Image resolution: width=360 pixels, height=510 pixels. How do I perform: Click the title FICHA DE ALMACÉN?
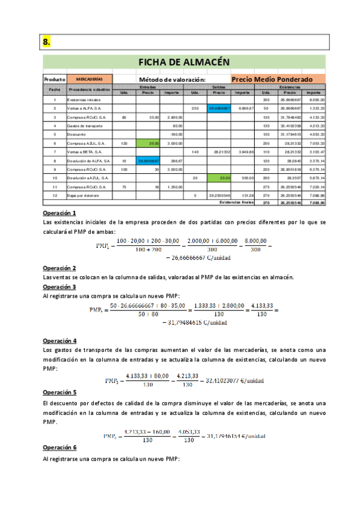tap(184, 62)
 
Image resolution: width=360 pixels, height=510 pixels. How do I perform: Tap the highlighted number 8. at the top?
tap(46, 41)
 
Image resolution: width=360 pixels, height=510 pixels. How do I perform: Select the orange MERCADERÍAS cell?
tap(90, 79)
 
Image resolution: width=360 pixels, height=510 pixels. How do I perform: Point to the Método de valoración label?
tap(172, 79)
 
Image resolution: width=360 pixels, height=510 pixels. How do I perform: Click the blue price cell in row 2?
tap(219, 108)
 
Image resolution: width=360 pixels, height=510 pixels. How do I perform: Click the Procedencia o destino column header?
tap(90, 89)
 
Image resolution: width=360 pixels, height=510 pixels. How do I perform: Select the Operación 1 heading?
tap(59, 214)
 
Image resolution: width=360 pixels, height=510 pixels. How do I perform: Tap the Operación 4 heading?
tap(59, 340)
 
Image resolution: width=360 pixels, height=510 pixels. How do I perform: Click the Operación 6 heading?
tap(59, 448)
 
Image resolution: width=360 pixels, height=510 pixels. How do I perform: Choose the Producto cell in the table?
tap(55, 79)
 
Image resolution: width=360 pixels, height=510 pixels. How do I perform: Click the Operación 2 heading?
tap(59, 268)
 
